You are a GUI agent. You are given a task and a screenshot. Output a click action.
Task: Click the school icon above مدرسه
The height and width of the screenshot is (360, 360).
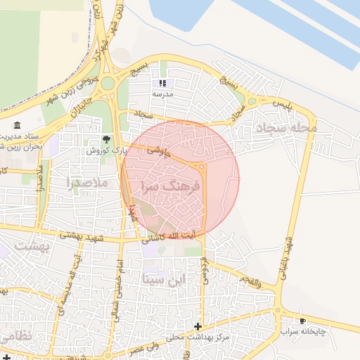(163, 83)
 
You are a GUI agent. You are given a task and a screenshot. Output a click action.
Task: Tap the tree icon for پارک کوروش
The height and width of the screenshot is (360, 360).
(106, 139)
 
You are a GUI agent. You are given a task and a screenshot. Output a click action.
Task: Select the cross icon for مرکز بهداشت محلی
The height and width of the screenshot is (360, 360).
(198, 327)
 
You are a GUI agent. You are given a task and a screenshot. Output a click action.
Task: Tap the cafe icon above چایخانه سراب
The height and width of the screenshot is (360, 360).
(303, 321)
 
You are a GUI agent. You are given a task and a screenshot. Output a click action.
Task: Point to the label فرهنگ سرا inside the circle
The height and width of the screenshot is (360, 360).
(172, 186)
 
